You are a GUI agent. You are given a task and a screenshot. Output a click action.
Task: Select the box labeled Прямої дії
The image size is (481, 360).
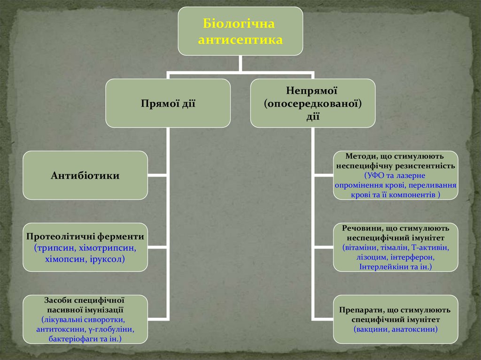coord(168,103)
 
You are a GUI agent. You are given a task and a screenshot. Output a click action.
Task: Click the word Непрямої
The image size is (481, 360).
coord(312,90)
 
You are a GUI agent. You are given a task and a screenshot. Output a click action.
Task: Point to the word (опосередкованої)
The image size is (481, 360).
coord(312,103)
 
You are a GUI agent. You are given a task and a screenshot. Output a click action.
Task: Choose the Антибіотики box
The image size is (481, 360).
coord(85,176)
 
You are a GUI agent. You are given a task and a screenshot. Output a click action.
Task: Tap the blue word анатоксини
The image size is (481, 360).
coord(414,329)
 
